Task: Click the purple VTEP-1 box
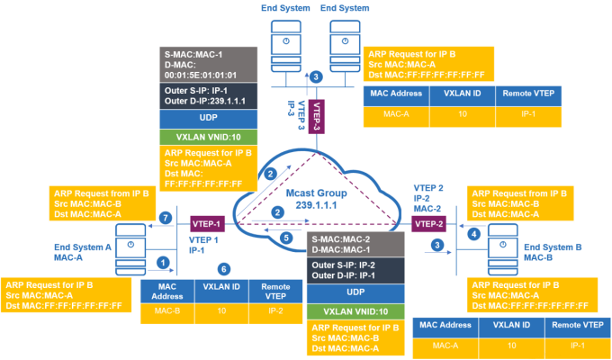pos(206,221)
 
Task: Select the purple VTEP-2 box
pos(426,222)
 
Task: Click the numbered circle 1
pos(163,262)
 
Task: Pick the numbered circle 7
pos(163,217)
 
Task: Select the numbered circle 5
pos(285,238)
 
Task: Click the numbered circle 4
pos(475,235)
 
